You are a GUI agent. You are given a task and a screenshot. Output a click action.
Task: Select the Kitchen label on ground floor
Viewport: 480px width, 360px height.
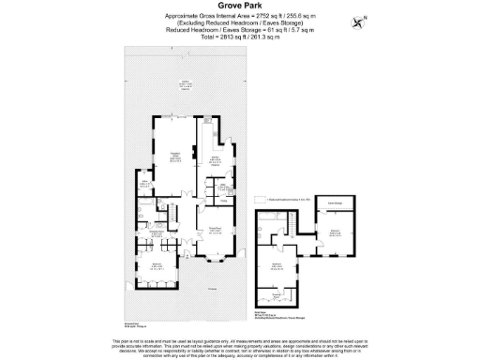click(x=215, y=158)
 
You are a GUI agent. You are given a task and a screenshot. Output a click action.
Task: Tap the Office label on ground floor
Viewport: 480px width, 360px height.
click(x=146, y=185)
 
